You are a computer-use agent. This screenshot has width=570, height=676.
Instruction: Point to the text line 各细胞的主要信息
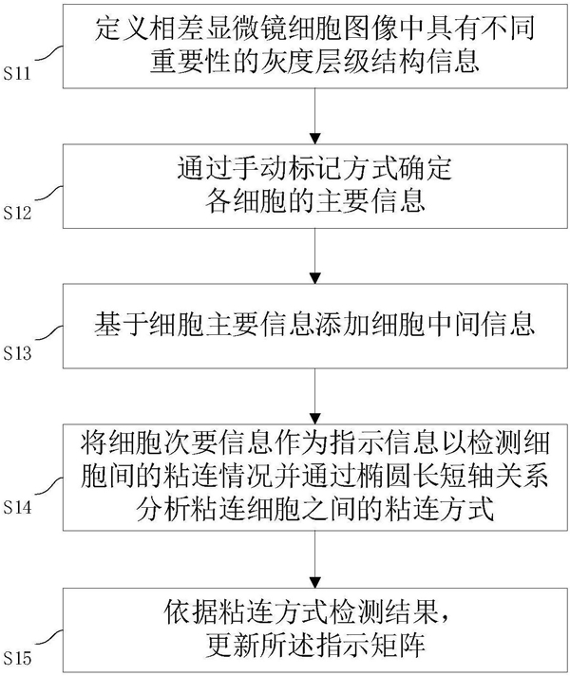click(x=315, y=200)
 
